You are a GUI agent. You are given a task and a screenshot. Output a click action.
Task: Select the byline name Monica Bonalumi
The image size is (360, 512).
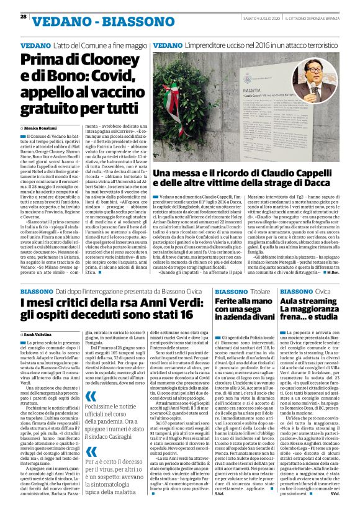coord(40,127)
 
